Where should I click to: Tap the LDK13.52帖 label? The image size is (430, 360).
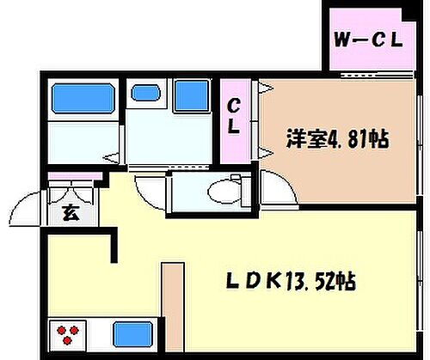click(292, 281)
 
